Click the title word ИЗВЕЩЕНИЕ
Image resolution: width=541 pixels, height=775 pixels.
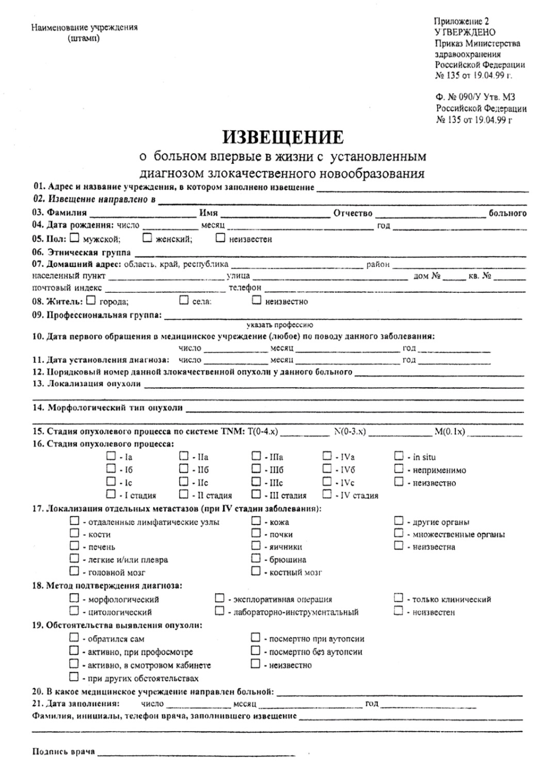pos(282,137)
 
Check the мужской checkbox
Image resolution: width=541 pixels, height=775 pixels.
pos(75,238)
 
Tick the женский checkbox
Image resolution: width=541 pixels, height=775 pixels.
pos(147,238)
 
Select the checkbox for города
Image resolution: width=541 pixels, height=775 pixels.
pos(91,300)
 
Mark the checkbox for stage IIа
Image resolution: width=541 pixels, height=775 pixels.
pos(184,456)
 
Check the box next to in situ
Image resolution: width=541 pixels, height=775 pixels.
pos(399,456)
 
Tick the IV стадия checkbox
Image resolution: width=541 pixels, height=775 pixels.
pos(327,494)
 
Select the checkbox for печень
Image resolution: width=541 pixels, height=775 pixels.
pos(74,546)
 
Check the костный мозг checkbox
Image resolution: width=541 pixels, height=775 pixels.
pos(256,571)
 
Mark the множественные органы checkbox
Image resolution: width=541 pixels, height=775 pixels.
pos(399,533)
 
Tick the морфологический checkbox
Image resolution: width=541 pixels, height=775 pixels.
pos(74,599)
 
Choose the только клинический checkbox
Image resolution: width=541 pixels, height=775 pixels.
pos(399,599)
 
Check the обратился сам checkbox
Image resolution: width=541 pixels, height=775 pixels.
pos(74,638)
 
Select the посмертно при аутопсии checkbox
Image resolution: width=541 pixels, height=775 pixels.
pos(256,638)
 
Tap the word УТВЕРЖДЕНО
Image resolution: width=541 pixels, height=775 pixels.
pos(465,32)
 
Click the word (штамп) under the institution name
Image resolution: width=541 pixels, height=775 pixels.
pos(83,38)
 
